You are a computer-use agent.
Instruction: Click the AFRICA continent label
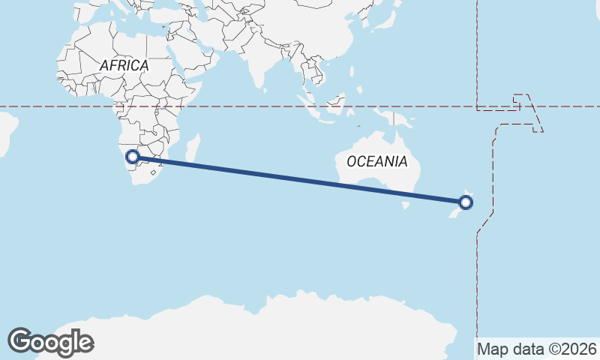tap(124, 66)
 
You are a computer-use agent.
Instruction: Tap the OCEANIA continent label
tap(376, 161)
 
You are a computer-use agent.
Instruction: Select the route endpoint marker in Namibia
tap(133, 157)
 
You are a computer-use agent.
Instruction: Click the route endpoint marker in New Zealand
tap(466, 202)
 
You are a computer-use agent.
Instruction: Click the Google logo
tap(50, 342)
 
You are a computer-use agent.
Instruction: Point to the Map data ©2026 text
tap(537, 349)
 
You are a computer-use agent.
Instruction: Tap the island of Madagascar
tap(193, 148)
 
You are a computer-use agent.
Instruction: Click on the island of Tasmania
tap(406, 204)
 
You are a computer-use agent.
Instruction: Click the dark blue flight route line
tap(300, 179)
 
